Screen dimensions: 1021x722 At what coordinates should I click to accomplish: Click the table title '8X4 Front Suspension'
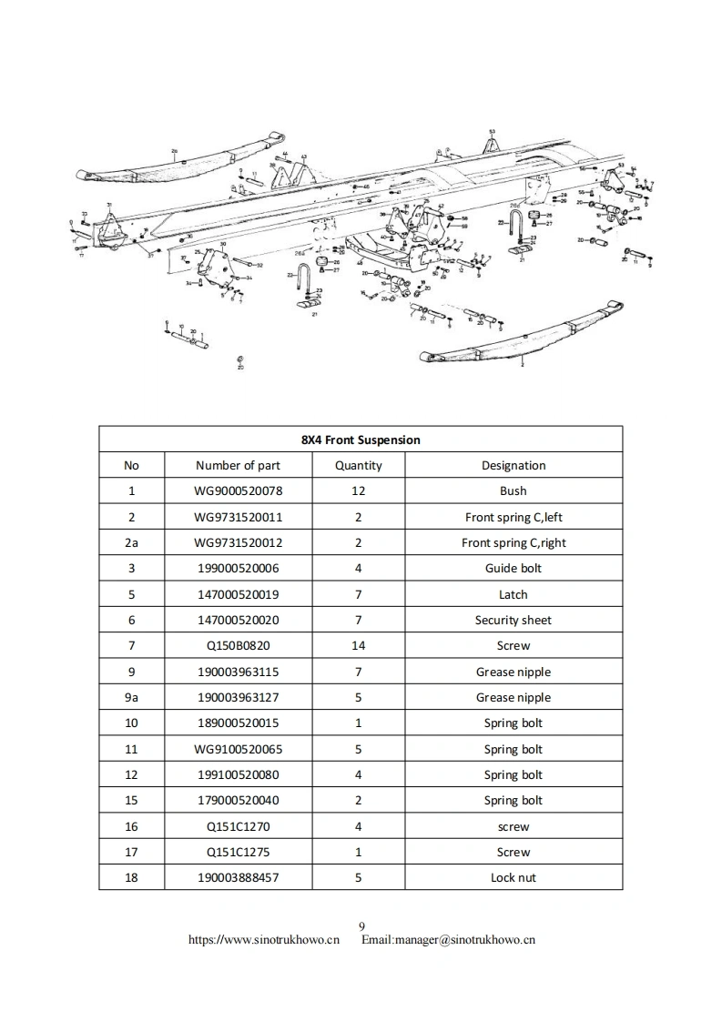point(361,440)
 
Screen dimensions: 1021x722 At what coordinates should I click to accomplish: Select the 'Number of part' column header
point(238,465)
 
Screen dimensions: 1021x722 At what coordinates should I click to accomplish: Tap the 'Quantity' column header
point(358,465)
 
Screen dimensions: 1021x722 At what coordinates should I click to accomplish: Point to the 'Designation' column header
point(514,465)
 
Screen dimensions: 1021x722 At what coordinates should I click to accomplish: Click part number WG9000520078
point(238,491)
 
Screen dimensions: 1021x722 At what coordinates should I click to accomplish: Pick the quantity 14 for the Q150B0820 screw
point(358,646)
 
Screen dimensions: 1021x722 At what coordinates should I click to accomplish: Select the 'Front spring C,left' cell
point(514,517)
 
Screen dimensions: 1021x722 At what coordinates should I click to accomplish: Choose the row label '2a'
point(131,542)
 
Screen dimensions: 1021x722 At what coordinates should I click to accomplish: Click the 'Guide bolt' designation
point(514,569)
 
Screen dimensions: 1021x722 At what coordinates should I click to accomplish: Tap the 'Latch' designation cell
point(514,594)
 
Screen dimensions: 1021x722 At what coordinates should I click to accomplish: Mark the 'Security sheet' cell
point(514,621)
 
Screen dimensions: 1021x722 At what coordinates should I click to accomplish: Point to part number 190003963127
point(238,698)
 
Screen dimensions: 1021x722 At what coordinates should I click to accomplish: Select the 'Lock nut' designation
point(514,878)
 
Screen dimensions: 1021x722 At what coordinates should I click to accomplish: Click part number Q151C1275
point(238,853)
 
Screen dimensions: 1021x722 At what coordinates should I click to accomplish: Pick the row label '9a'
point(131,698)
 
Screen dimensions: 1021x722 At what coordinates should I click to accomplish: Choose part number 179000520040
point(238,801)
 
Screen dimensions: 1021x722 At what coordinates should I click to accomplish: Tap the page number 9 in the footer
point(361,927)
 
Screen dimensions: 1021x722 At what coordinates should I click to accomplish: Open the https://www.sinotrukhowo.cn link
point(263,940)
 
